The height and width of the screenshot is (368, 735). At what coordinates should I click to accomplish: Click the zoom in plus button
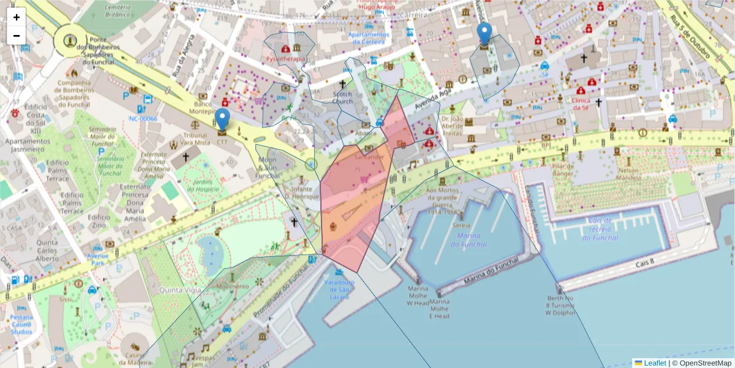pyautogui.click(x=17, y=17)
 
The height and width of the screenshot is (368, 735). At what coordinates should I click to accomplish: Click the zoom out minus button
pyautogui.click(x=17, y=36)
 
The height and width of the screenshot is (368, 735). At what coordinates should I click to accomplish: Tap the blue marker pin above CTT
pyautogui.click(x=223, y=118)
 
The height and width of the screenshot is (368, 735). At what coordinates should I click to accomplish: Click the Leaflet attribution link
pyautogui.click(x=654, y=363)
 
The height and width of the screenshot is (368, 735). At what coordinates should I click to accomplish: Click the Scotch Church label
pyautogui.click(x=342, y=98)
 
